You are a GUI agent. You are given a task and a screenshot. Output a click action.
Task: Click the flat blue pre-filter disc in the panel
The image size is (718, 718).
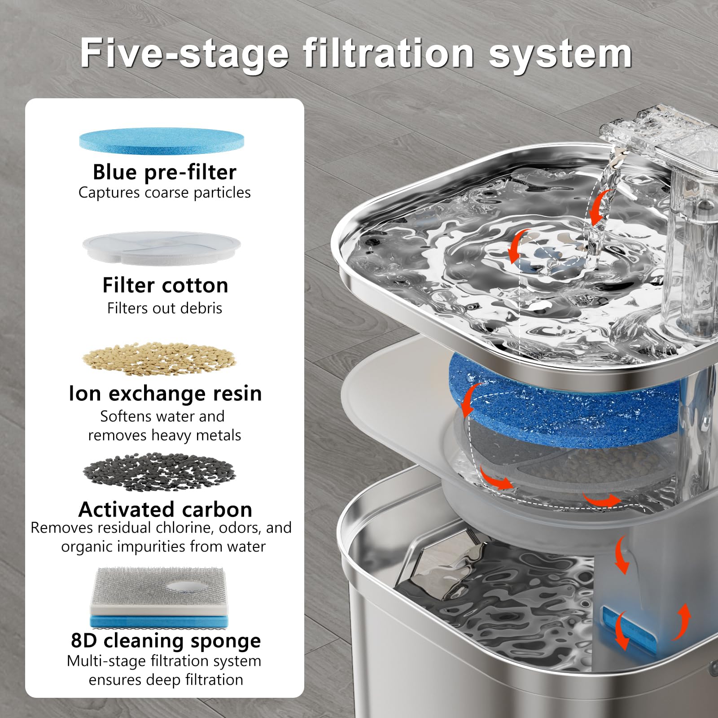tap(162, 140)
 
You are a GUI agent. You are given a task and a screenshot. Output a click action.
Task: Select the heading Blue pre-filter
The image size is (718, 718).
tap(164, 172)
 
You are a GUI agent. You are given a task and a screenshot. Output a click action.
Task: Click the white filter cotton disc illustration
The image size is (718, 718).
tap(162, 248)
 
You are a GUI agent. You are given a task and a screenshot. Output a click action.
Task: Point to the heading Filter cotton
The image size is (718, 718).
tap(165, 285)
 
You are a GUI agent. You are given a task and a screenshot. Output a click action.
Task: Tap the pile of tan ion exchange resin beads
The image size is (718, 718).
tap(159, 359)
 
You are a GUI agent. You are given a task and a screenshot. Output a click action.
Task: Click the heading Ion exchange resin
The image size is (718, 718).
tap(165, 394)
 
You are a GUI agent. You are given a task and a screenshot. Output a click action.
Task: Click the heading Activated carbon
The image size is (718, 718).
tap(165, 509)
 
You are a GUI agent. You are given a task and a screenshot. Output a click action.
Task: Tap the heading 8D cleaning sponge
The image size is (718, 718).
tap(166, 640)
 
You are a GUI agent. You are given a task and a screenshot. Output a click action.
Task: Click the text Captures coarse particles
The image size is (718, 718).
tap(164, 193)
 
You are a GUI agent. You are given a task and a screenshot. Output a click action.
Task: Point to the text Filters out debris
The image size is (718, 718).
tap(164, 308)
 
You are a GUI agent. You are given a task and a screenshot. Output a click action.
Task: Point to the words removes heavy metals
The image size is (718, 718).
tap(164, 435)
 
